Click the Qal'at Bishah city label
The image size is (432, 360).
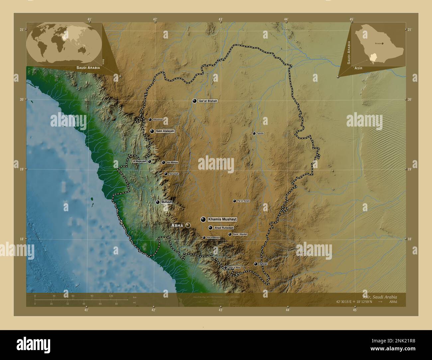[x=208, y=101]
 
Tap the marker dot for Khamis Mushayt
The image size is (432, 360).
[x=203, y=219]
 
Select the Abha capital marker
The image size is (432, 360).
[x=188, y=225]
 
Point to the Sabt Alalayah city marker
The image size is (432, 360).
[x=152, y=131]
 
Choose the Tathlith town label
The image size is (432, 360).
[x=260, y=134]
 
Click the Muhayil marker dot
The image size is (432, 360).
[x=158, y=202]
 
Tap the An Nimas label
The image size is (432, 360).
[x=172, y=162]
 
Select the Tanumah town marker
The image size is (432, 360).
[x=166, y=174]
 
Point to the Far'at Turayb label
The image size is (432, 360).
[x=243, y=201]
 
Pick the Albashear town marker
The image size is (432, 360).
[x=150, y=120]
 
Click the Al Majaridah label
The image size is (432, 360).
[x=139, y=161]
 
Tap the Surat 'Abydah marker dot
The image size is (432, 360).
[x=230, y=234]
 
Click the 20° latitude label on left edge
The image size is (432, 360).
[x=22, y=99]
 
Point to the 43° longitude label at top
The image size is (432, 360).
[x=220, y=19]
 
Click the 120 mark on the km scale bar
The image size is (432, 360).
[x=111, y=296]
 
